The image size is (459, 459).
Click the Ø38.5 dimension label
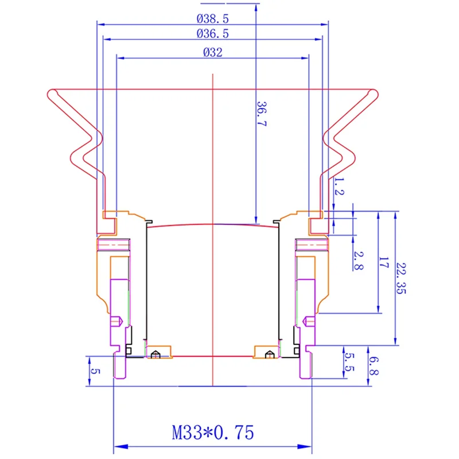tap(212, 18)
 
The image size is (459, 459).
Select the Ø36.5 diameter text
tap(212, 34)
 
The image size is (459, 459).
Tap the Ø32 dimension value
tap(212, 52)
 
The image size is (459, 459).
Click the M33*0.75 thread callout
tap(212, 431)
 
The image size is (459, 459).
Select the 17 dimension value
tap(384, 264)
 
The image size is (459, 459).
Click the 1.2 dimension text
tap(339, 187)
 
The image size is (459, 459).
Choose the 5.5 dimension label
tap(348, 361)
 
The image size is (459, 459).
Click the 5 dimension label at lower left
tap(95, 370)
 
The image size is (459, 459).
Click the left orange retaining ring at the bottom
tap(159, 351)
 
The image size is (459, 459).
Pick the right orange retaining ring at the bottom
tap(265, 351)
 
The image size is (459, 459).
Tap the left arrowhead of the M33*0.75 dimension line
tap(117, 446)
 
